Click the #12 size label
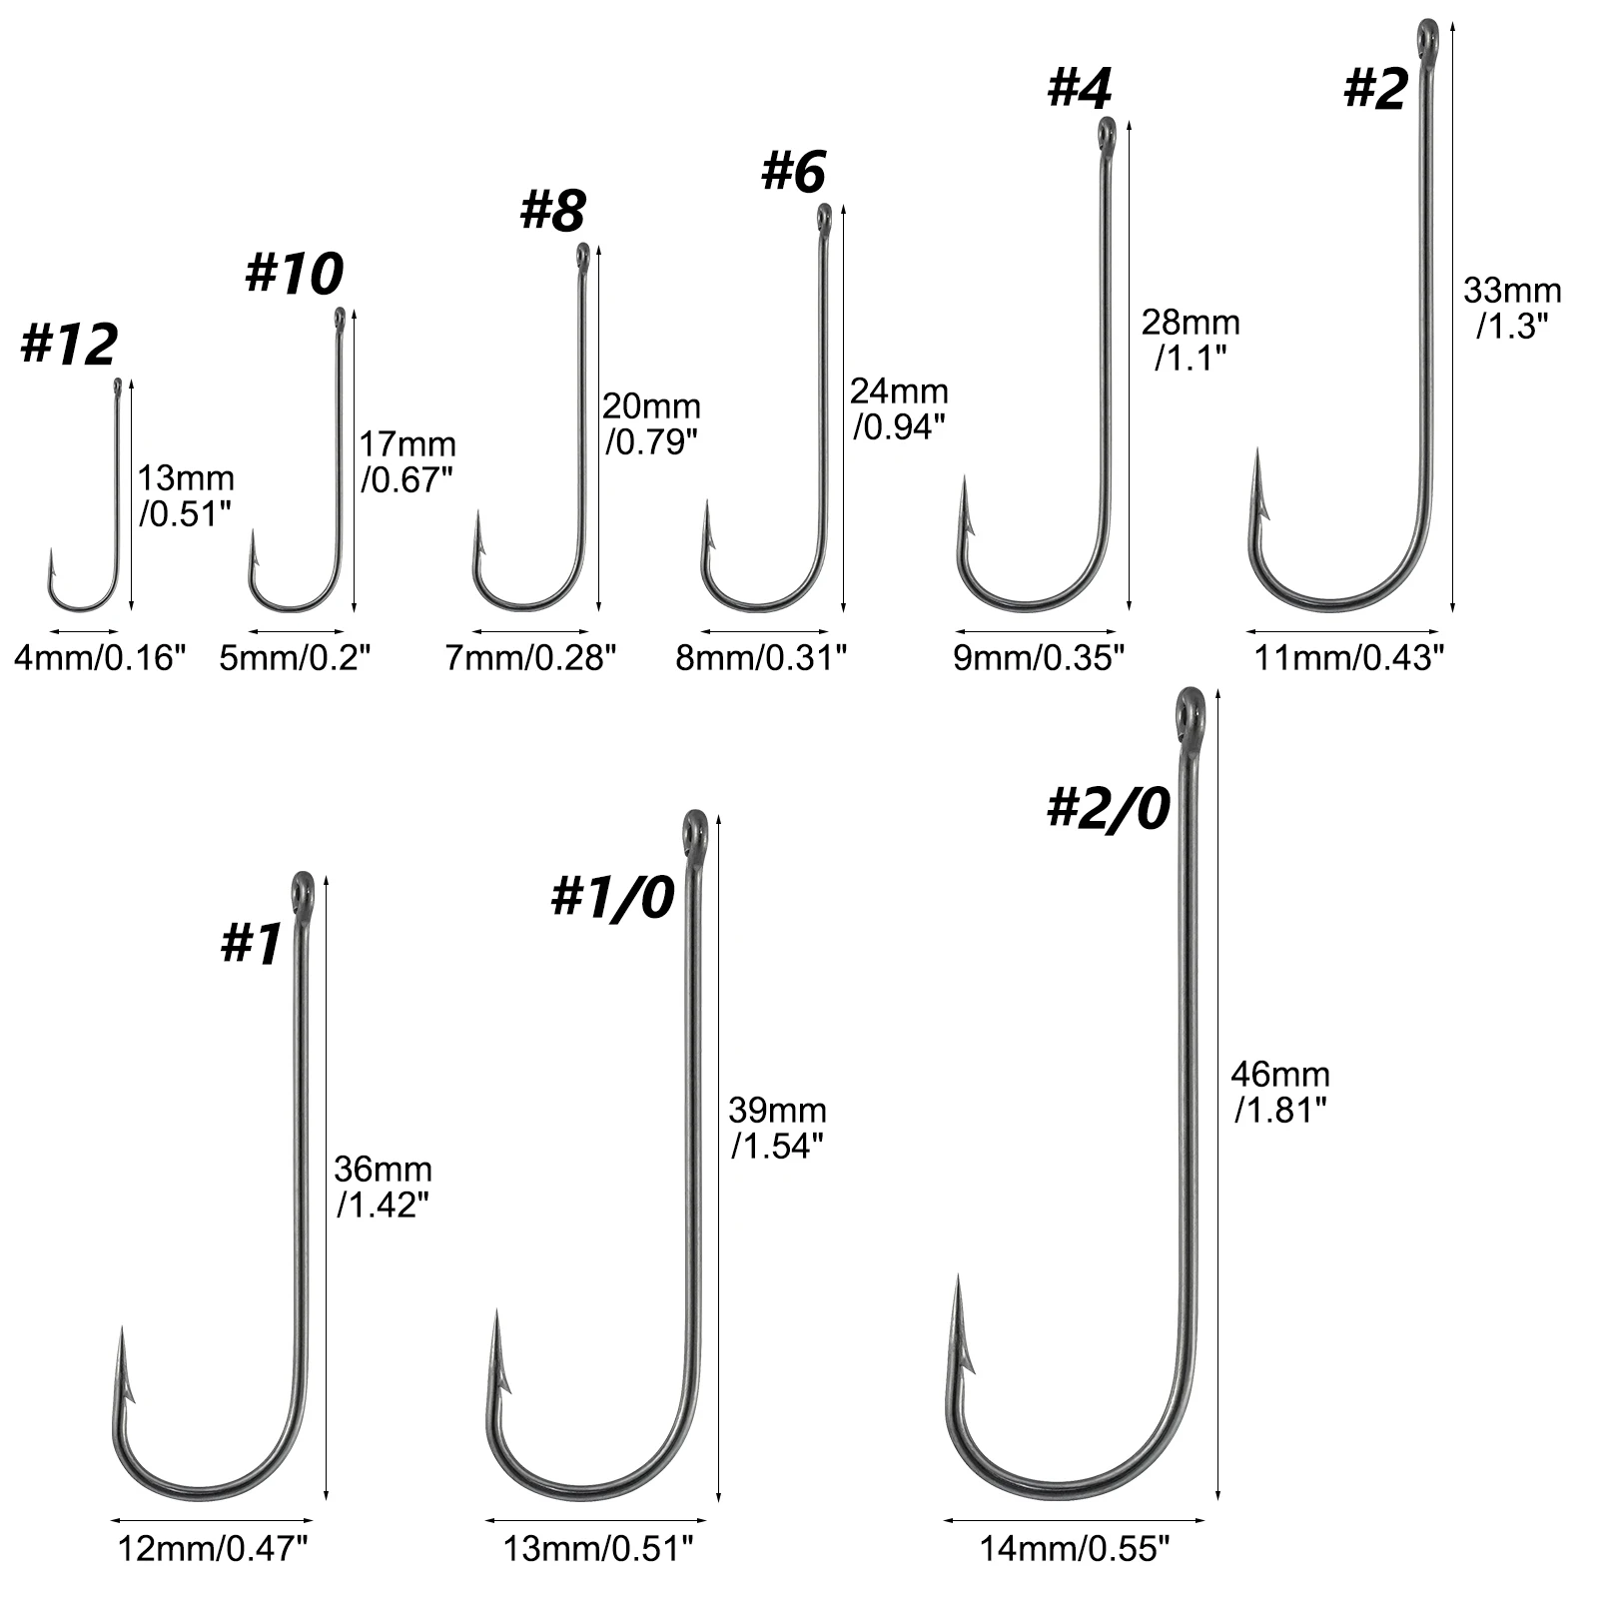coord(69,345)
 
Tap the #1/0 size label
coord(613,896)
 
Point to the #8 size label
coord(553,210)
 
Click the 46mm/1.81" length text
coord(1280,1092)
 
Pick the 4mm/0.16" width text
coord(101,658)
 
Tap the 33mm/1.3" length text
coord(1512,308)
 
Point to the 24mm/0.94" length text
coord(899,407)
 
